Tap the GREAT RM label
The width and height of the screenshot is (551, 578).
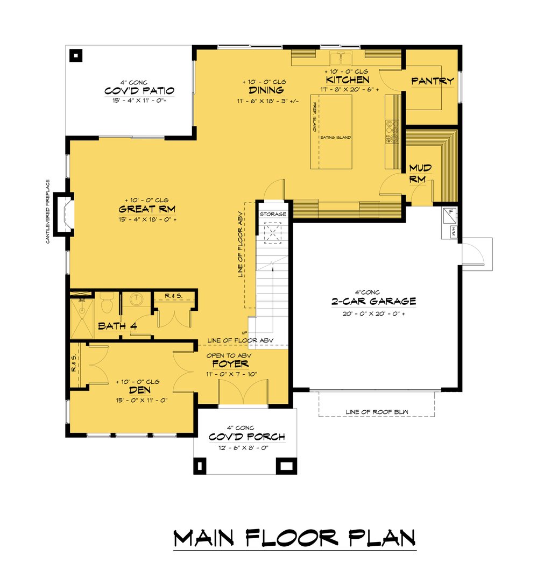click(147, 209)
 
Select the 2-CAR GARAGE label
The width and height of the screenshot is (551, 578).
click(374, 301)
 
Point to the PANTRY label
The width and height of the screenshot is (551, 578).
click(433, 81)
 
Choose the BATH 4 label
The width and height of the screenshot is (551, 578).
click(117, 326)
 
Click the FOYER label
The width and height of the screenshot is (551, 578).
click(233, 364)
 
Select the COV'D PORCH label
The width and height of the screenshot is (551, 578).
click(246, 437)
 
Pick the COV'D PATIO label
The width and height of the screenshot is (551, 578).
click(139, 90)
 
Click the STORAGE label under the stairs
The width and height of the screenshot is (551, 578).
click(273, 214)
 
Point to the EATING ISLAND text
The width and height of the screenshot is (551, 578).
click(336, 138)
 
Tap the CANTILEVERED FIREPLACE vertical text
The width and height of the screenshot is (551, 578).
click(48, 211)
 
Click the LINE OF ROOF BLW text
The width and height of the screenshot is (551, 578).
click(377, 412)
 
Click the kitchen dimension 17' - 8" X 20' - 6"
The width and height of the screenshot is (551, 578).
click(347, 89)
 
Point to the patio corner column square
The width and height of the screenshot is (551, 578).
click(76, 55)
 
